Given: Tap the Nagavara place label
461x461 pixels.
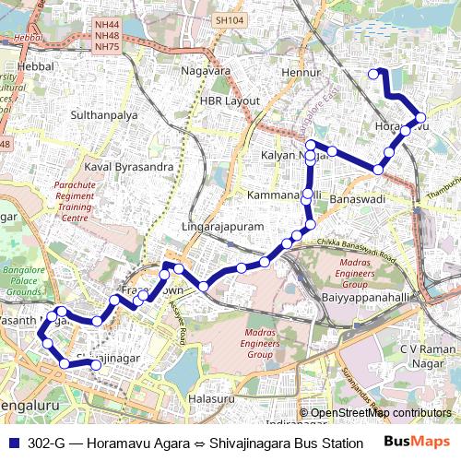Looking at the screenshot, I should tap(205, 69).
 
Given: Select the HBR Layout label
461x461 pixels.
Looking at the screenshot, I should tap(230, 100).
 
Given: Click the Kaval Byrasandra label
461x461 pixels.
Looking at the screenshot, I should tap(129, 167).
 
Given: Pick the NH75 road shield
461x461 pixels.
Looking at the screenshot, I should tap(107, 46).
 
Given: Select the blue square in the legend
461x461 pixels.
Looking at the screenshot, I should tap(13, 443).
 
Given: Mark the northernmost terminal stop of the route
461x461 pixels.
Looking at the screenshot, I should tap(373, 74).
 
